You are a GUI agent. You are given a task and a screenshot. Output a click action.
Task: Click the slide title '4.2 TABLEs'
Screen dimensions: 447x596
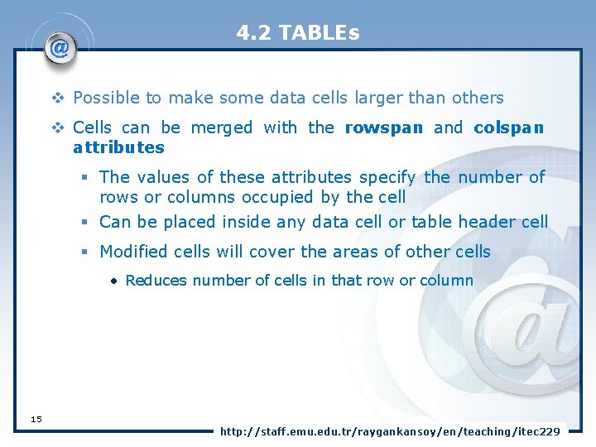coord(297,33)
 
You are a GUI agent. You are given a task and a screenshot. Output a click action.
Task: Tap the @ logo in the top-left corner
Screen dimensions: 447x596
coord(60,49)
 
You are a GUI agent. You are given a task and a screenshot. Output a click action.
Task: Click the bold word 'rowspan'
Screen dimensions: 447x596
coord(383,127)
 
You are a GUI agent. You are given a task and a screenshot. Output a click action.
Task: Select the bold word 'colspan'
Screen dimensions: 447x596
coord(508,127)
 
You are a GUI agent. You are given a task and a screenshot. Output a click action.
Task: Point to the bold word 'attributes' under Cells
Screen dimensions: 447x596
coord(118,147)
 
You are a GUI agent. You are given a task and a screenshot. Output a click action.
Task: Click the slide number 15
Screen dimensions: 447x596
coord(36,419)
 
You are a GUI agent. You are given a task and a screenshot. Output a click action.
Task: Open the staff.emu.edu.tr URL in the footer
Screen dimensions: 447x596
coord(389,431)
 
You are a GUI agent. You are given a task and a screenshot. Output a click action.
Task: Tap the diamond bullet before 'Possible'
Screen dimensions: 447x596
coord(58,99)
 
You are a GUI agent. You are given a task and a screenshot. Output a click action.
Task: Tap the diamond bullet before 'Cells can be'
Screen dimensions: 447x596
coord(58,128)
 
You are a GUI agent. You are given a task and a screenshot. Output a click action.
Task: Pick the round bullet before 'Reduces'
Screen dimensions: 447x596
coord(114,281)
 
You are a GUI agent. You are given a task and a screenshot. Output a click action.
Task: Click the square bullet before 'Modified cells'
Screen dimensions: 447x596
coord(85,252)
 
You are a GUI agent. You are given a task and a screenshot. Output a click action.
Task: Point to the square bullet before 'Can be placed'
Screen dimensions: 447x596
coord(85,223)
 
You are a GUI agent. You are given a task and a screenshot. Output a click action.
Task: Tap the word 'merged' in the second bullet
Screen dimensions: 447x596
coord(222,127)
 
